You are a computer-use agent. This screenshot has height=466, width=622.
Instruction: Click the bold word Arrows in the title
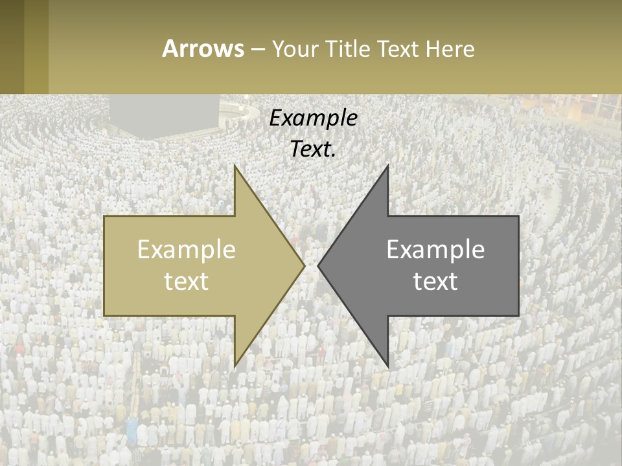[203, 49]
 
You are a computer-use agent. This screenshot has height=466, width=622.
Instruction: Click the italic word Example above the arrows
[313, 118]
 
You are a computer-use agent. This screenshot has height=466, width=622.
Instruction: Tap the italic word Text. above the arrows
[313, 149]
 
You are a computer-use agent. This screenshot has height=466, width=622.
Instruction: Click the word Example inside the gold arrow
[187, 249]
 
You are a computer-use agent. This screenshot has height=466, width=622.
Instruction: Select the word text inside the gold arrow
[187, 281]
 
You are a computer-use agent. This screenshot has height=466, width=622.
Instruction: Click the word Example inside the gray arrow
[435, 249]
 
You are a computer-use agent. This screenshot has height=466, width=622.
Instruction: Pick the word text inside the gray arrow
[435, 281]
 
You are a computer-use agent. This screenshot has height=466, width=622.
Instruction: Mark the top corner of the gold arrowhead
[235, 167]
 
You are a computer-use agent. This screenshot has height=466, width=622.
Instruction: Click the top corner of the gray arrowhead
[387, 167]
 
